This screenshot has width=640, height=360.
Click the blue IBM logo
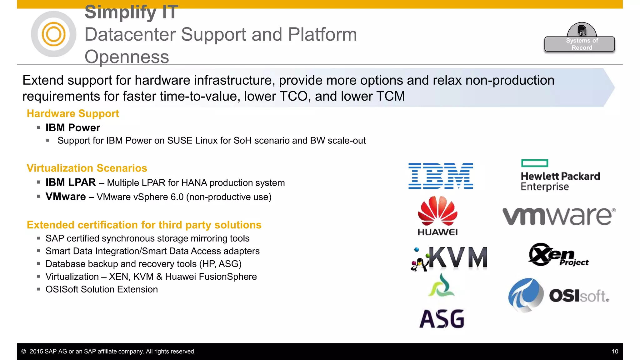[x=441, y=176]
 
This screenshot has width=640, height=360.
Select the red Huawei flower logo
[x=437, y=211]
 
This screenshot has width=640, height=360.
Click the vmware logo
[x=559, y=216]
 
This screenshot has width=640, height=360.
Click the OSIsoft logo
[x=558, y=295]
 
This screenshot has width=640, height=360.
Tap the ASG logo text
[x=442, y=319]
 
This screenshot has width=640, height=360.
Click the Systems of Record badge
[x=580, y=44]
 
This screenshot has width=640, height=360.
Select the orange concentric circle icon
[x=53, y=34]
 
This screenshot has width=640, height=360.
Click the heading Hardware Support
[x=73, y=113]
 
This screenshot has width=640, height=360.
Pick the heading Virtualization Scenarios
[x=87, y=168]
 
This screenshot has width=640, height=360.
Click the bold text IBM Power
[x=73, y=128]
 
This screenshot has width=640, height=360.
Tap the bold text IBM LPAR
[x=71, y=182]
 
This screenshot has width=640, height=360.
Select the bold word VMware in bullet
[x=66, y=197]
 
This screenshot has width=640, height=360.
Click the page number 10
[x=615, y=352]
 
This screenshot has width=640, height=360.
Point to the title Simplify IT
[x=131, y=12]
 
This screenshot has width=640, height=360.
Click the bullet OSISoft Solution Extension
[x=102, y=289]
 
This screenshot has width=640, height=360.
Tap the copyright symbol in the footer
[x=24, y=352]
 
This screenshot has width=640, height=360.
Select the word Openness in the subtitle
[x=127, y=57]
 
